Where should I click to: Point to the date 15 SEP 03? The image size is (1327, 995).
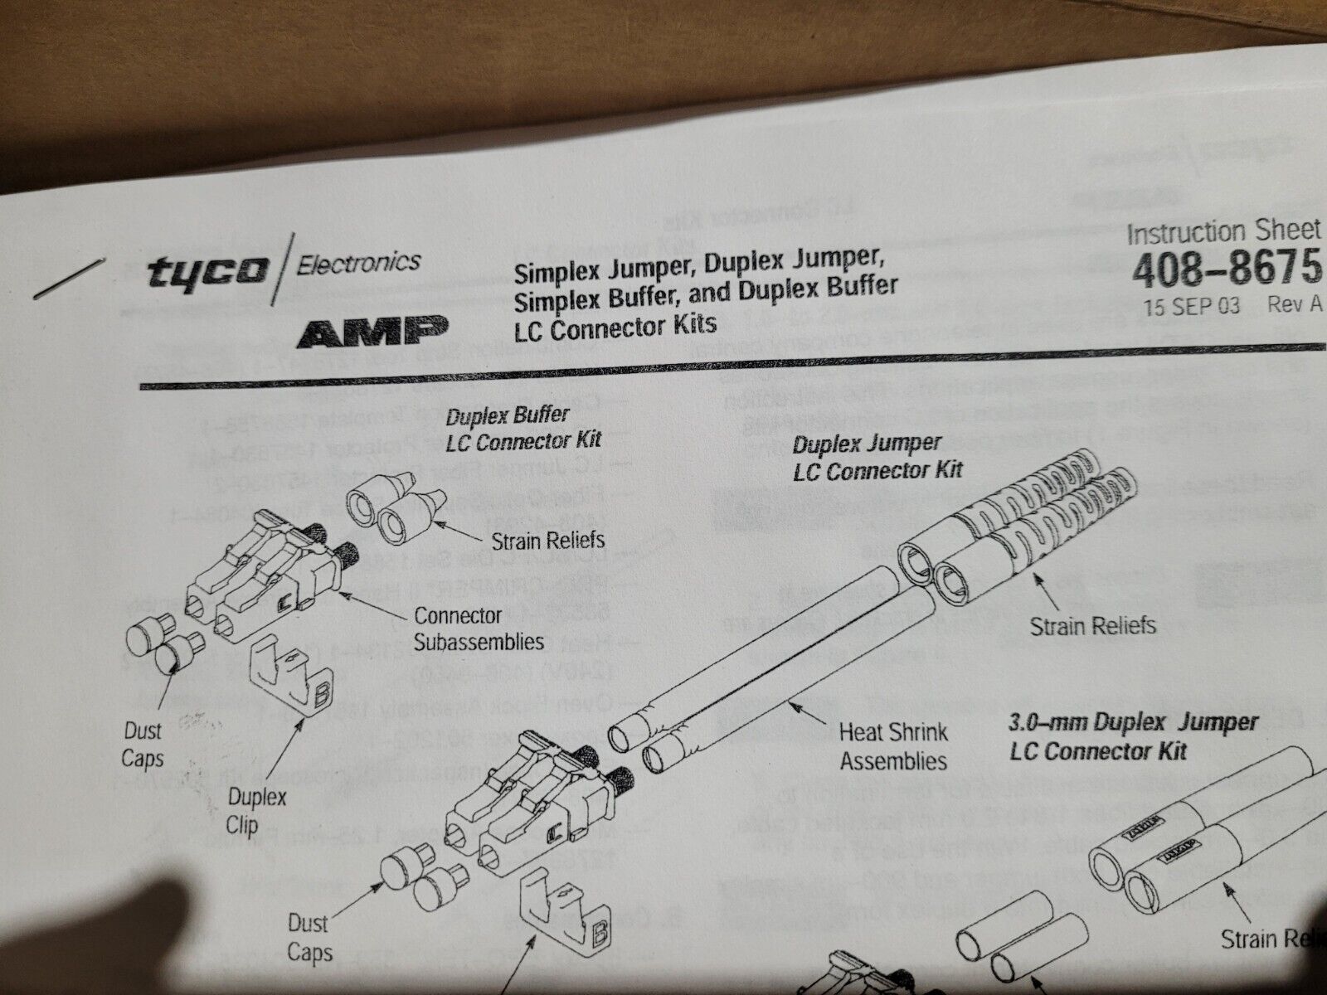pyautogui.click(x=1191, y=307)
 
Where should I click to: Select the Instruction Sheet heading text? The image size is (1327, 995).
pyautogui.click(x=1223, y=233)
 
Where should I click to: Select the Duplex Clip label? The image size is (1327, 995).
pyautogui.click(x=257, y=811)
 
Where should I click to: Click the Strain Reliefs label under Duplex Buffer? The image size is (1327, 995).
pyautogui.click(x=547, y=541)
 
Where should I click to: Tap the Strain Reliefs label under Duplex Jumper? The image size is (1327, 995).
pyautogui.click(x=1092, y=624)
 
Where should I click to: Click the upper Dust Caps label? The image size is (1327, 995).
pyautogui.click(x=143, y=745)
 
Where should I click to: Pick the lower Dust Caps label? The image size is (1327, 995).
pyautogui.click(x=309, y=936)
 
